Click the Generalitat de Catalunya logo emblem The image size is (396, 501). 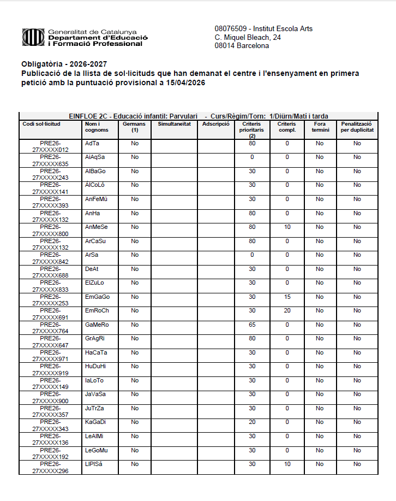(33, 37)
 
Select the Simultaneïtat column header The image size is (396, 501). (174, 124)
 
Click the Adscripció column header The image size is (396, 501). (215, 124)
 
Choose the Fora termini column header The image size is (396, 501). (320, 127)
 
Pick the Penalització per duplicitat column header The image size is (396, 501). (357, 127)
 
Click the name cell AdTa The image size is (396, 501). (92, 143)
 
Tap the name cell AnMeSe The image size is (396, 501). (97, 227)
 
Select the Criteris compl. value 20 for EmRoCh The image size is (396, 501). (287, 310)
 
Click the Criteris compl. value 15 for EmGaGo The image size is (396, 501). (287, 297)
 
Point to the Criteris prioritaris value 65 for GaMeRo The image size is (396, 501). (252, 325)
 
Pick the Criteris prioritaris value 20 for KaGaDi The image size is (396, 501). (252, 422)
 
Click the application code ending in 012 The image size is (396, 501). (50, 146)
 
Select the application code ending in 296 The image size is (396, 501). (50, 467)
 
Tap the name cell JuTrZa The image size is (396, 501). (95, 408)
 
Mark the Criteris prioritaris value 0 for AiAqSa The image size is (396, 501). (252, 157)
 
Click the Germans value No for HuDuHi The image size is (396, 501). (135, 366)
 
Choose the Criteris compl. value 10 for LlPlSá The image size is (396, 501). (287, 464)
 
